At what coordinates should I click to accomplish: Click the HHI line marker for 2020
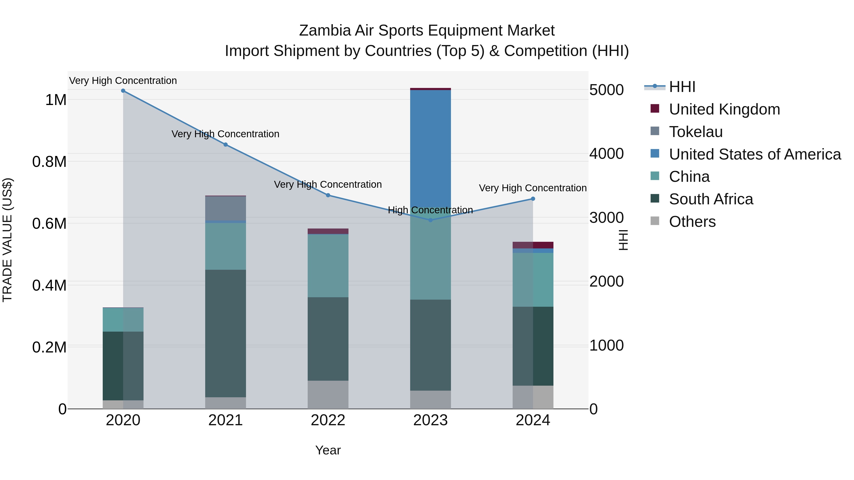[123, 91]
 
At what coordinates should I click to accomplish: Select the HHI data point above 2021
[225, 144]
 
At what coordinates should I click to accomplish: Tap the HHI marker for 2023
[430, 220]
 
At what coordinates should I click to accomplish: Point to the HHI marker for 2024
[533, 199]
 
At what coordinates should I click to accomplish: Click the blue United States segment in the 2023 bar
[430, 149]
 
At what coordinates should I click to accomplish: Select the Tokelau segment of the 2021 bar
[225, 208]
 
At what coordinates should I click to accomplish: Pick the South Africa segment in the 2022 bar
[328, 338]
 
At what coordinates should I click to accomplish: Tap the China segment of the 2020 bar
[123, 320]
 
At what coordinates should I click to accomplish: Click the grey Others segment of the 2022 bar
[328, 394]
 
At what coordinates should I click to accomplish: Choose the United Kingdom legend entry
[724, 109]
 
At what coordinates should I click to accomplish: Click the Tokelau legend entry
[696, 132]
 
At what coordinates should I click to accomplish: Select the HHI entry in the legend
[682, 87]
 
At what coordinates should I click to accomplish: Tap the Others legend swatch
[655, 221]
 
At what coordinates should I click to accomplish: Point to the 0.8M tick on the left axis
[49, 162]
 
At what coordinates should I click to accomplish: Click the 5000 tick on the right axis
[606, 90]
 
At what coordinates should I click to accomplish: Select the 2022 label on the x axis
[328, 420]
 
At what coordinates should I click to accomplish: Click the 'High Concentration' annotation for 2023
[430, 210]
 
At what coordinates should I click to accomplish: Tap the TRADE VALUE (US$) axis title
[7, 240]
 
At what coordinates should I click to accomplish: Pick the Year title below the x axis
[328, 450]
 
